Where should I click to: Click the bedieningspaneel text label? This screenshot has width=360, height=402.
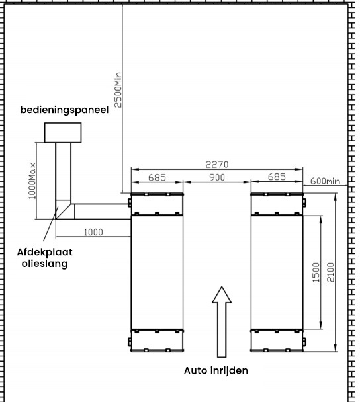[x=64, y=110]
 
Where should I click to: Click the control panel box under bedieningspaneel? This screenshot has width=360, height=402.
[x=63, y=132]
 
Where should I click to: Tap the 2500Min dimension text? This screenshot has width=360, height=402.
[x=118, y=90]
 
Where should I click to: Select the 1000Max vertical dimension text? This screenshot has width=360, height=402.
[x=32, y=181]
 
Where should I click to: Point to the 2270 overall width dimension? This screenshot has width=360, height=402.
[x=217, y=165]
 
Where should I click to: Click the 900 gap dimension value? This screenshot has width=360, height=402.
[x=217, y=177]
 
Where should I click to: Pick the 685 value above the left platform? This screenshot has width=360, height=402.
[x=157, y=177]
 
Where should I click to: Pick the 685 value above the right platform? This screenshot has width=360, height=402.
[x=277, y=177]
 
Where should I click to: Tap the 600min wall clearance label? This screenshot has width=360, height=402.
[x=325, y=181]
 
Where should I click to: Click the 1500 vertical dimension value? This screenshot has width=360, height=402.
[x=316, y=272]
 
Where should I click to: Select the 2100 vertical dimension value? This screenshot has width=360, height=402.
[x=330, y=272]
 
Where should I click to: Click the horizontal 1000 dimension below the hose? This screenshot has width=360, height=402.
[x=93, y=232]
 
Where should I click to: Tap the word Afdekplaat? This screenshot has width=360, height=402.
[x=44, y=253]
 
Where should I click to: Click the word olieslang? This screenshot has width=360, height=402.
[x=44, y=264]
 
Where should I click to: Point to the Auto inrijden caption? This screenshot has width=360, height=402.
[x=216, y=370]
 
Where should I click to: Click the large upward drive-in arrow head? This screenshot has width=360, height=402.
[x=222, y=295]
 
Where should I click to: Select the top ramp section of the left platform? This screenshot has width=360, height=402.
[x=157, y=204]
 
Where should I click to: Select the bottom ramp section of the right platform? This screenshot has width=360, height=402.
[x=277, y=340]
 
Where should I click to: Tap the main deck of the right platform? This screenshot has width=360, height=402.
[x=277, y=272]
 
